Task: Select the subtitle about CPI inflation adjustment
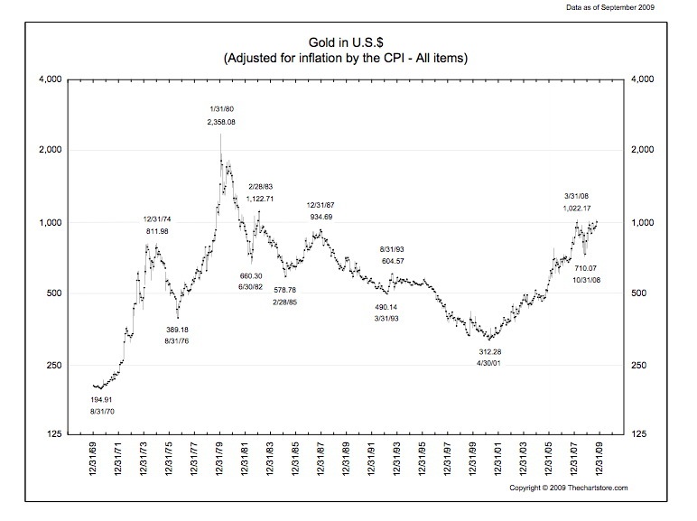348,59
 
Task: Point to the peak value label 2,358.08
220,122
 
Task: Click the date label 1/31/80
220,108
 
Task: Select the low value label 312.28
490,351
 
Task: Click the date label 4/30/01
490,364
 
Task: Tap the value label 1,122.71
260,199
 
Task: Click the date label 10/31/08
592,282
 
